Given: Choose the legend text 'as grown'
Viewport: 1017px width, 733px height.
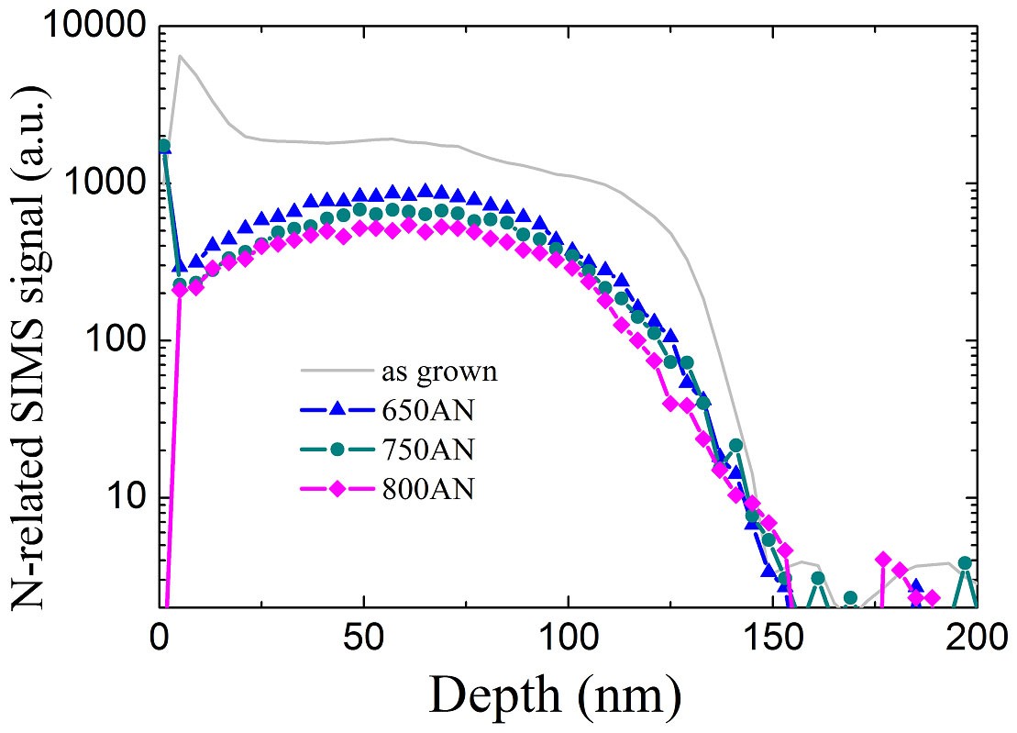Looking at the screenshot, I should pos(439,372).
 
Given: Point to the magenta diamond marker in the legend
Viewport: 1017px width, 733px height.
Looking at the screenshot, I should pos(337,489).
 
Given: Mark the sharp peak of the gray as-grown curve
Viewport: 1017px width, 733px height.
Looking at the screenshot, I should pos(180,56).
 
